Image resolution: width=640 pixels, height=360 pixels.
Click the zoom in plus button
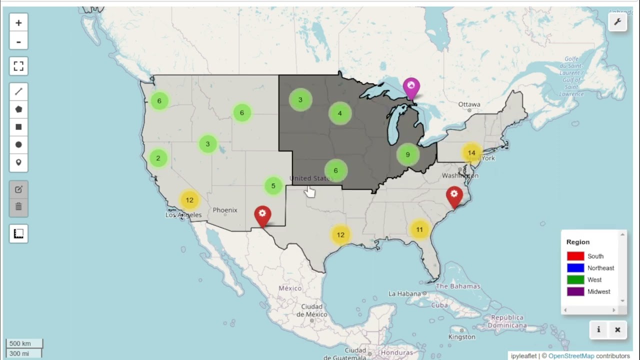[18, 23]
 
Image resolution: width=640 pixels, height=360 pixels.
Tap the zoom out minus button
[18, 41]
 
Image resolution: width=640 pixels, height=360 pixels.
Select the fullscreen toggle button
[18, 66]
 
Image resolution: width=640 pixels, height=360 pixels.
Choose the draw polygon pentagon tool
[18, 109]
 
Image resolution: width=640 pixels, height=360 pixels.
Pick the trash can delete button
[18, 206]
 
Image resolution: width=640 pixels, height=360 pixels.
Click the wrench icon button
[617, 22]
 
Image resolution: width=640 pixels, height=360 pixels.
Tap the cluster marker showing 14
[471, 153]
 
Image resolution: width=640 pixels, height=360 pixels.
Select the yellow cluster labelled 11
[419, 229]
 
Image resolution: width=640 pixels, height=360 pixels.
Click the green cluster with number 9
[407, 154]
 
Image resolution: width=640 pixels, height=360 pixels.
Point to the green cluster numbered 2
[158, 158]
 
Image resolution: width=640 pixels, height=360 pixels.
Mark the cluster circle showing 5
[273, 186]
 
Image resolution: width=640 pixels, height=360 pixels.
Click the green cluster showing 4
[339, 113]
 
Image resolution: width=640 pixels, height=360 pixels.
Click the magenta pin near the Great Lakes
[411, 88]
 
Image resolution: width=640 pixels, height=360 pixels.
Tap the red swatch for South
[575, 256]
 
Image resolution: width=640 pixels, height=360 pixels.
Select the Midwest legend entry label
[598, 291]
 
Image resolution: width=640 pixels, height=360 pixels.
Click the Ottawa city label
[469, 104]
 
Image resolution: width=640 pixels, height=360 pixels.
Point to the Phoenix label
[225, 210]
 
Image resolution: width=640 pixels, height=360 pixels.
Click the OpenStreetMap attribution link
[571, 356]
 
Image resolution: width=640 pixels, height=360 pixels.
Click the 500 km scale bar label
[20, 343]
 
